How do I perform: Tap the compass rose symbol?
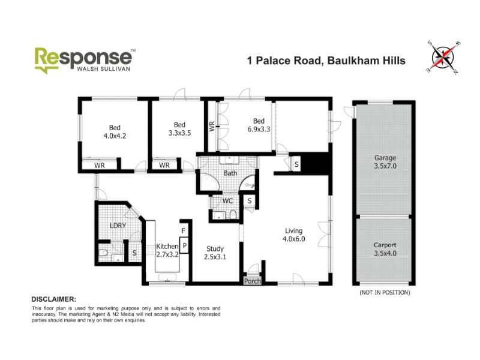point(443,57)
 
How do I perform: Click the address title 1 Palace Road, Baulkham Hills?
point(326,61)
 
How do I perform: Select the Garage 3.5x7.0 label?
point(385,162)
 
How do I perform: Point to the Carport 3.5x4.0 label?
point(385,249)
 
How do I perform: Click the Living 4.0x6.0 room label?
point(293,235)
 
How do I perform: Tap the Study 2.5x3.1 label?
point(215,253)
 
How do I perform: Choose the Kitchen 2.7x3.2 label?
point(167,250)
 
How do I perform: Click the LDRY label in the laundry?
point(118,226)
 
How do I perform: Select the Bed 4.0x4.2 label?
point(115,131)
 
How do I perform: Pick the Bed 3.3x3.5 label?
point(179,129)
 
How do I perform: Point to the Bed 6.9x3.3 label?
point(259,125)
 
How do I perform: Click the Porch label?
point(252,281)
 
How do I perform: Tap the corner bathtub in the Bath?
point(209,182)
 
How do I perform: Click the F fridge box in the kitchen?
point(184,230)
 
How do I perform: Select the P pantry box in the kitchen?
point(184,245)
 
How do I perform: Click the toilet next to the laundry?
point(103,253)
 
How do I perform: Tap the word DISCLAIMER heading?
point(54,299)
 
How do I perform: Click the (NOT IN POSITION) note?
point(385,293)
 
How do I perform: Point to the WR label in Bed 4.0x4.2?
point(100,166)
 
